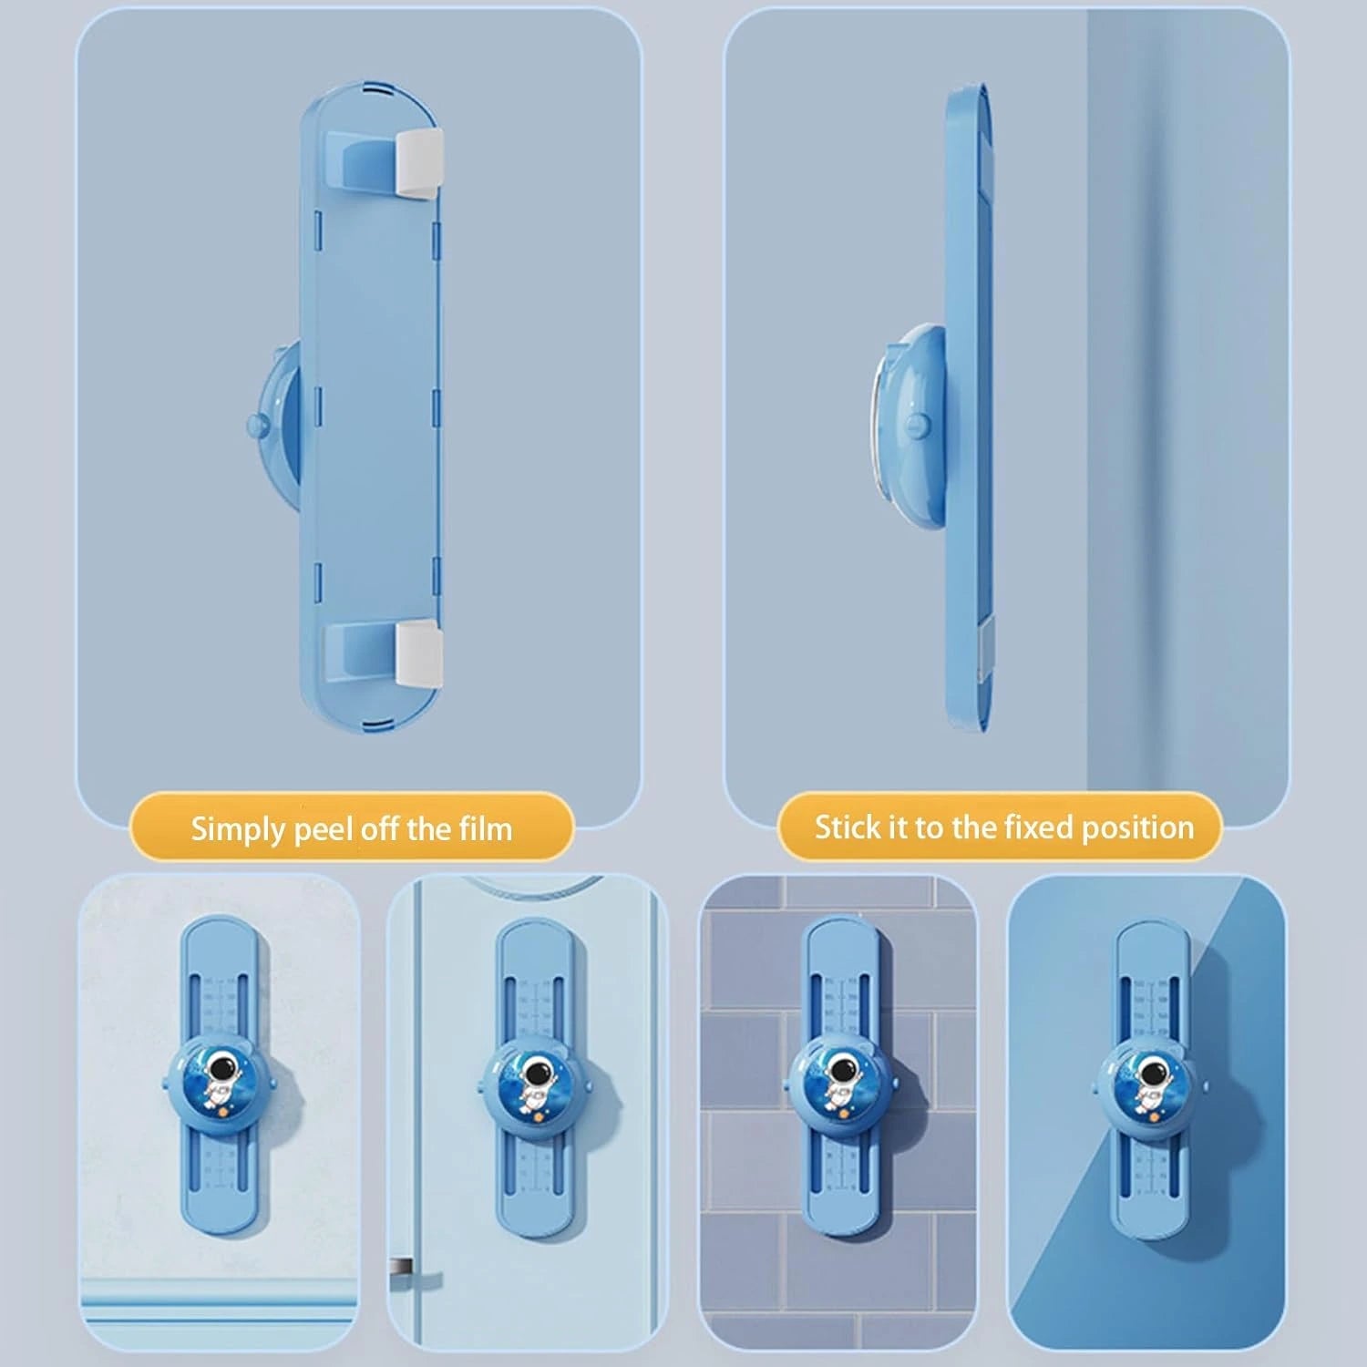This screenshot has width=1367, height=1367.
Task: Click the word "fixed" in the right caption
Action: (x=1035, y=827)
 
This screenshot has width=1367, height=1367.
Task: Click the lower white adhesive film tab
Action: (x=420, y=653)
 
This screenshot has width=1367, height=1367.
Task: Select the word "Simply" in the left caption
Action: (x=237, y=830)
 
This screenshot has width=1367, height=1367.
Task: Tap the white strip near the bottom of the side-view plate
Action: (x=982, y=651)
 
